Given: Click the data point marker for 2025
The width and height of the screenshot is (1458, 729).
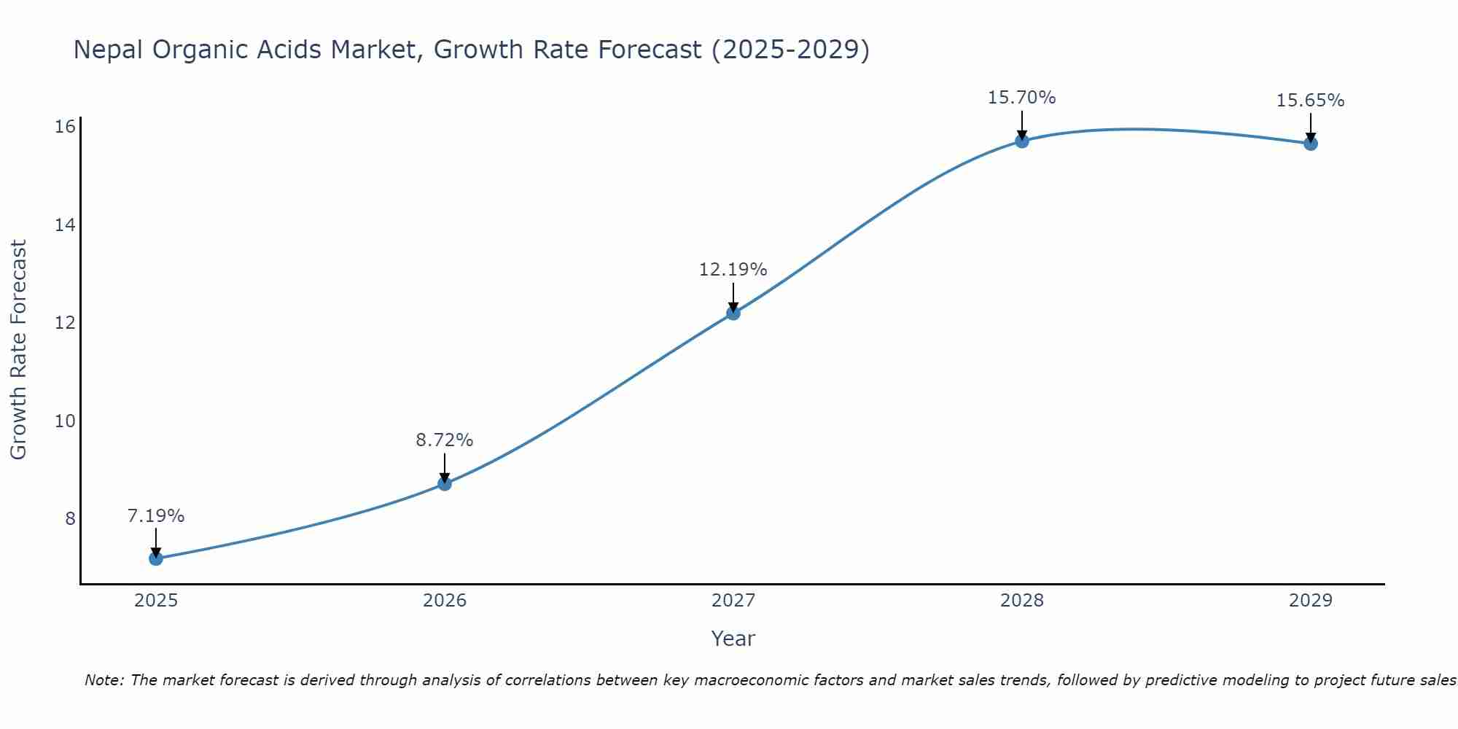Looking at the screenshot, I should (x=156, y=558).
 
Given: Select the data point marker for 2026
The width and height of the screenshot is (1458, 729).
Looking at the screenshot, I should (x=445, y=483).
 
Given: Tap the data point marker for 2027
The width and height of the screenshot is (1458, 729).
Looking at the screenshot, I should (x=733, y=313).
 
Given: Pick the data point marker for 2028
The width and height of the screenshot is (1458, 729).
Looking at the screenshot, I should (x=1022, y=141).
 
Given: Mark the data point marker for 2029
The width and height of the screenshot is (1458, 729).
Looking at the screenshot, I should (x=1311, y=144).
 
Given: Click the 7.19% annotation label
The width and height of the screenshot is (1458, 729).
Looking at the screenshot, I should (x=156, y=516).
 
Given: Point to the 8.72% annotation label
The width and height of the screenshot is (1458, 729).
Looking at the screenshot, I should (x=445, y=440).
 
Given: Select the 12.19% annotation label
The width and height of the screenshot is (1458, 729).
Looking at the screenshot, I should (x=733, y=270).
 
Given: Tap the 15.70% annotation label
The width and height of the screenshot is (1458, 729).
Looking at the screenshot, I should (x=1022, y=98).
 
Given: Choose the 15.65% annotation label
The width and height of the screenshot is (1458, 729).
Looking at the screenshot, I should (x=1311, y=101).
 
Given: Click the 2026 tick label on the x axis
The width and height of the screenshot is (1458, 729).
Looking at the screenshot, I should (x=445, y=601).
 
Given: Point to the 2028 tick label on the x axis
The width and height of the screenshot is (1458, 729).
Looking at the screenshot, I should (x=1022, y=601).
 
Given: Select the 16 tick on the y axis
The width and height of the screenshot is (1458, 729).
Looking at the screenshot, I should (x=66, y=127).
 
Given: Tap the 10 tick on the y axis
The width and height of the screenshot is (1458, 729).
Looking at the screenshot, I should (x=66, y=421).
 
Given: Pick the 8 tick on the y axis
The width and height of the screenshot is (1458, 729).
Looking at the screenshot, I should (x=70, y=518).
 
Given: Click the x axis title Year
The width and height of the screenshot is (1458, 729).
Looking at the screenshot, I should (x=733, y=639).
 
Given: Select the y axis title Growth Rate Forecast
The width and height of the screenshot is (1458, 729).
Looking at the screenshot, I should (x=19, y=350).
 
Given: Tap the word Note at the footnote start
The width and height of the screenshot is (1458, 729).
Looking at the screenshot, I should (x=105, y=680).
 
